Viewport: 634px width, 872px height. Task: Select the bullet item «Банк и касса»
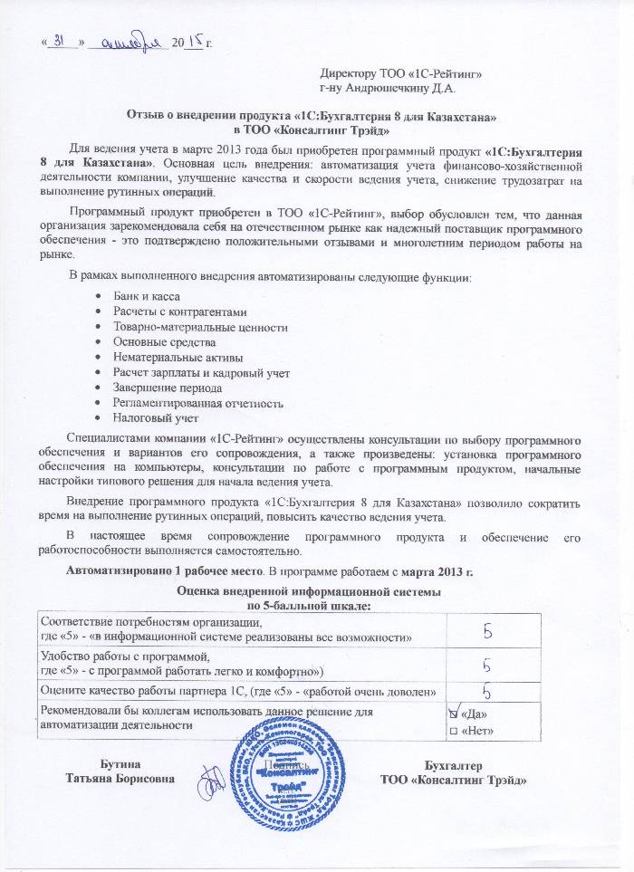click(x=145, y=297)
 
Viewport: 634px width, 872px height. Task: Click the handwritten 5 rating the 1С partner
click(x=487, y=691)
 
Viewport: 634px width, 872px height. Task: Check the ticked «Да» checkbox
click(x=454, y=714)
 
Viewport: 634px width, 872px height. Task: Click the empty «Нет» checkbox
click(x=454, y=731)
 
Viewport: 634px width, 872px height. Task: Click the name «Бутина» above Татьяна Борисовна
click(x=120, y=766)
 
